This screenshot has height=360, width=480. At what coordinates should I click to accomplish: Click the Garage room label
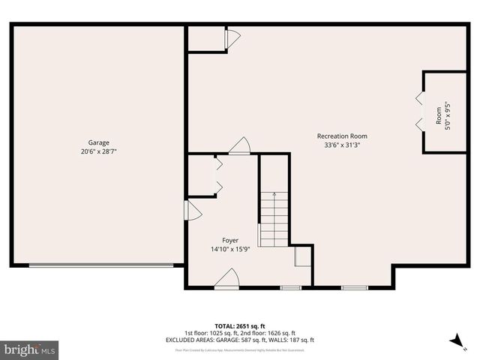(98, 142)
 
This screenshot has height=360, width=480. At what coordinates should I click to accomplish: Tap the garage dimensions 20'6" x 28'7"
(98, 151)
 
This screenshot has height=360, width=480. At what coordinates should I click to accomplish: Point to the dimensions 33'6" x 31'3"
(342, 145)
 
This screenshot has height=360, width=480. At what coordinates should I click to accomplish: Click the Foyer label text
(230, 241)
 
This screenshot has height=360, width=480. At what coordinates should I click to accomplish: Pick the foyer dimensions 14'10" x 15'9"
(230, 250)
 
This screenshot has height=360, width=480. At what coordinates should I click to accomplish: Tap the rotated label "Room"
(439, 115)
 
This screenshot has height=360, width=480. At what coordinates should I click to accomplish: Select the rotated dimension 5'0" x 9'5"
(448, 115)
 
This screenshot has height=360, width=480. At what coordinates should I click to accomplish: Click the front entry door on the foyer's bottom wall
(226, 280)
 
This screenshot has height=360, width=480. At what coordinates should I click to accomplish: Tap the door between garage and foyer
(192, 211)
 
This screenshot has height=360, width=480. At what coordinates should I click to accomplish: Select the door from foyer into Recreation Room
(240, 146)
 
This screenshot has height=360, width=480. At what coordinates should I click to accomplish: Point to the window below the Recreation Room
(354, 287)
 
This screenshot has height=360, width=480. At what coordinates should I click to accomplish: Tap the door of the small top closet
(232, 37)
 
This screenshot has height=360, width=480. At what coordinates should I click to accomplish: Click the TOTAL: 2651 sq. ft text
(239, 325)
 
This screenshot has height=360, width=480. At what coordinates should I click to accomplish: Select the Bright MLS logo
(29, 349)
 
